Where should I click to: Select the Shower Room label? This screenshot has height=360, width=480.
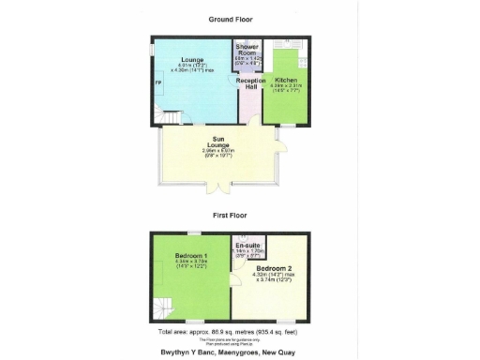tap(247, 50)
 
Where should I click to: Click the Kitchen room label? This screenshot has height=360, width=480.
tap(286, 80)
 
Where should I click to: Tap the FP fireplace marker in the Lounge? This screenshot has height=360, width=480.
tap(157, 82)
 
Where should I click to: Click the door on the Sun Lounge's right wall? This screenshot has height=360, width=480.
tap(278, 142)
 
